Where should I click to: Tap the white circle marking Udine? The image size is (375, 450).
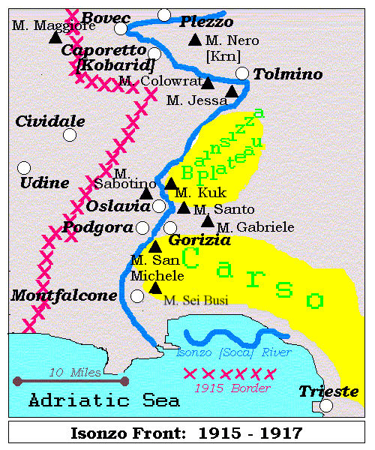click(24, 168)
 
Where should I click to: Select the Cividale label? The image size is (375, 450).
click(50, 121)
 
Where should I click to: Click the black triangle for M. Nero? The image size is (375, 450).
click(195, 39)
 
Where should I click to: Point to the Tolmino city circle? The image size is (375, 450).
click(241, 73)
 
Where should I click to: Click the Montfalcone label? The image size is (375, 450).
click(64, 295)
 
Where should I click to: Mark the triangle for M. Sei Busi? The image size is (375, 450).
click(154, 287)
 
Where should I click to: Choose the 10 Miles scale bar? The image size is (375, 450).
click(70, 381)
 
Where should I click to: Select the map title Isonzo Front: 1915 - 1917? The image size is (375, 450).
click(186, 433)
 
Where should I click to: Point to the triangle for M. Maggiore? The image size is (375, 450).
click(55, 37)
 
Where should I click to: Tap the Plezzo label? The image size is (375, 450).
click(206, 22)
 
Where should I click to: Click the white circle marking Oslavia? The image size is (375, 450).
click(159, 205)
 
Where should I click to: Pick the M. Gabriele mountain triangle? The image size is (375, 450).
click(208, 220)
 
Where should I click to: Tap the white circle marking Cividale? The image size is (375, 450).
click(70, 135)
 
